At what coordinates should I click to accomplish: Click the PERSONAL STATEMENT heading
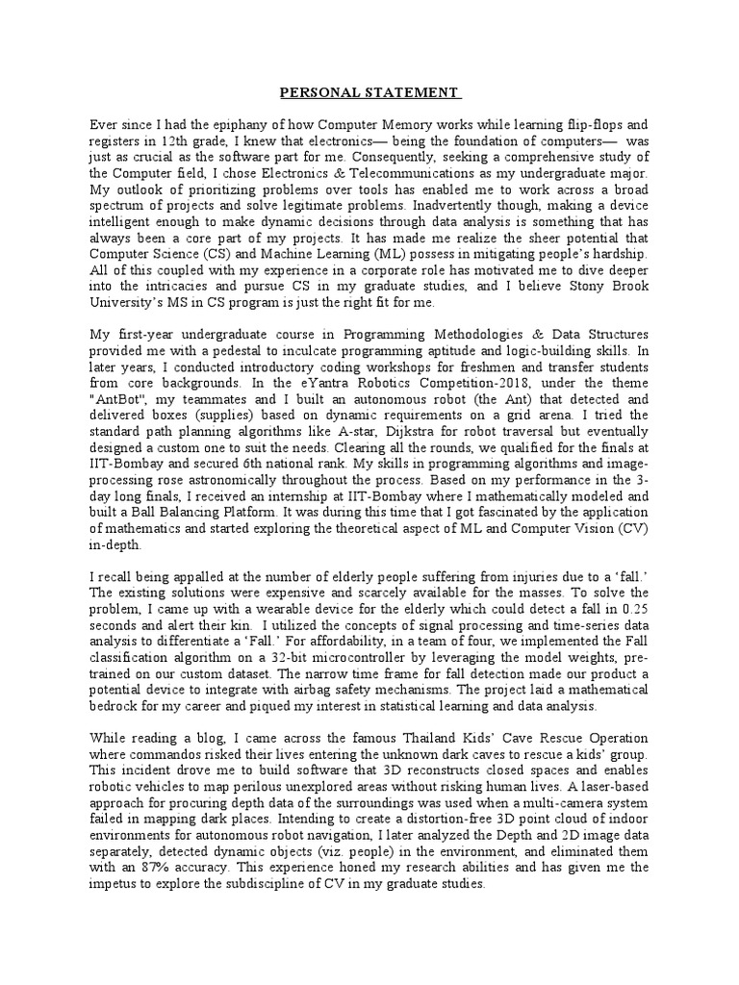[x=369, y=93]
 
